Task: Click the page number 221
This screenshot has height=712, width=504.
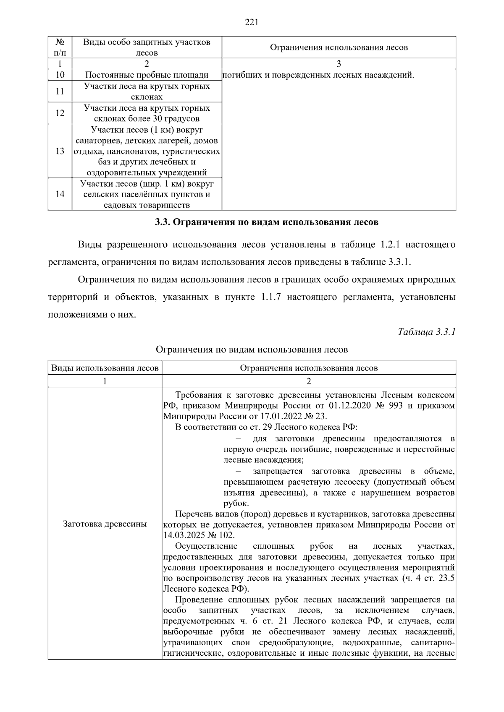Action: tap(251, 23)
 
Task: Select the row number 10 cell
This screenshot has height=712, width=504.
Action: tap(60, 75)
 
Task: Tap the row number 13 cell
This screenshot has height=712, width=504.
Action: tap(60, 151)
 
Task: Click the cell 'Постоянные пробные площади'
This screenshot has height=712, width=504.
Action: tap(147, 75)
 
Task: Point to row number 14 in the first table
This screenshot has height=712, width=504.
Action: tap(60, 194)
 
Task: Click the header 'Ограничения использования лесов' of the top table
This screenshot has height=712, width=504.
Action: tap(339, 47)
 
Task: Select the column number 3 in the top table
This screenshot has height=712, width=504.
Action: tap(339, 64)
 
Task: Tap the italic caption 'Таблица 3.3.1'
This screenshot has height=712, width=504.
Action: tap(427, 332)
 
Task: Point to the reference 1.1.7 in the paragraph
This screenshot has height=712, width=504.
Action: tap(270, 297)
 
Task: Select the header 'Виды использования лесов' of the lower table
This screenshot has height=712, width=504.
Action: tap(105, 368)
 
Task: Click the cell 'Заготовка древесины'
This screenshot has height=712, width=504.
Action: tap(105, 524)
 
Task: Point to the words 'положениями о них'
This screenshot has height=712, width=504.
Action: tap(92, 315)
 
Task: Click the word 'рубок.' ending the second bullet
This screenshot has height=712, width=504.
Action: tap(236, 503)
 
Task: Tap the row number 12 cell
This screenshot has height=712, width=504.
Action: tap(60, 113)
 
